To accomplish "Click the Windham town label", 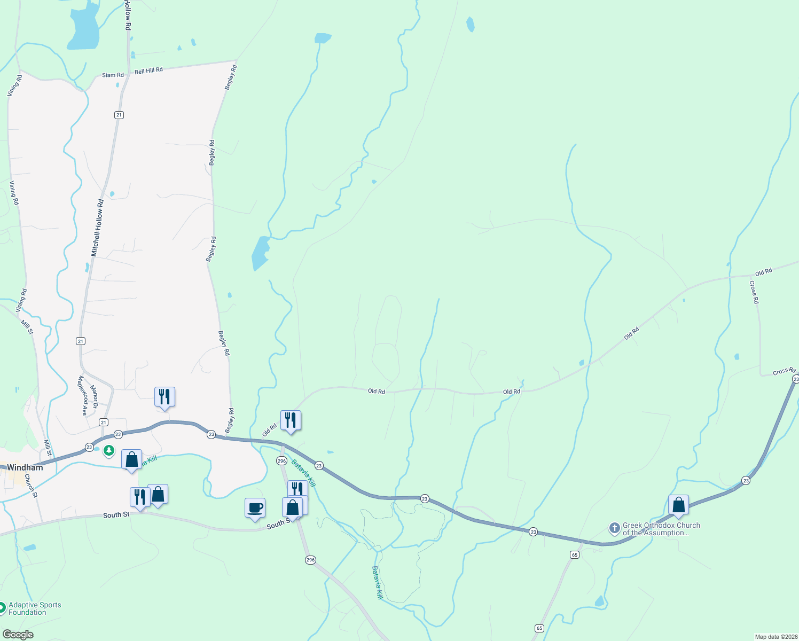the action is point(25,467).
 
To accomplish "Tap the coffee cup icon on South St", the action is point(255,507).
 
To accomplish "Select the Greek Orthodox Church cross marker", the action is point(614,528).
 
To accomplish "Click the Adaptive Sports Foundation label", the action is point(35,608).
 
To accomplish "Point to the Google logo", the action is point(18,635).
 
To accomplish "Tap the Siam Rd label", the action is point(113,75).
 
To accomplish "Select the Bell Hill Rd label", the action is point(148,71).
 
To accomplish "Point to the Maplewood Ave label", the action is point(83,395).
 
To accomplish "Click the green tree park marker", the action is point(109,451).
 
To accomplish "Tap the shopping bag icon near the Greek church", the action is point(678,505).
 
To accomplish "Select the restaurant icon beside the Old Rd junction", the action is point(291,420).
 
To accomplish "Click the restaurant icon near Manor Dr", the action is point(164,397).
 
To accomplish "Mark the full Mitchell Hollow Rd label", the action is point(97,228).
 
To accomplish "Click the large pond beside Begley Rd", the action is point(260,253).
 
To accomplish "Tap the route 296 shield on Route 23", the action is point(281,460).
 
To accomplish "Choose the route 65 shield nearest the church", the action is point(574,554).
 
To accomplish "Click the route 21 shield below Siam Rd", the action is point(119,115).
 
